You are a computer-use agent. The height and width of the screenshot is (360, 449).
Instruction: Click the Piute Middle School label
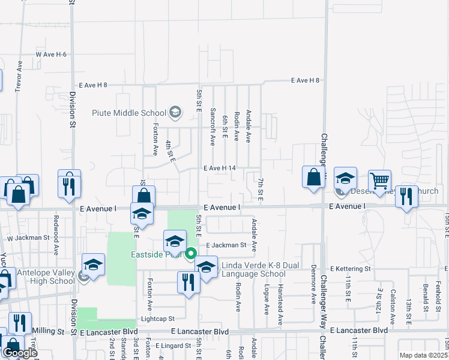[x=128, y=112]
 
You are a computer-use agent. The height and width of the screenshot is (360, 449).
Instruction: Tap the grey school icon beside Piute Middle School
[x=175, y=112]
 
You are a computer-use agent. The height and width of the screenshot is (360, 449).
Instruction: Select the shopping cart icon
[x=379, y=181]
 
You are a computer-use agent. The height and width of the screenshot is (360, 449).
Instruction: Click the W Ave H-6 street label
[x=51, y=55]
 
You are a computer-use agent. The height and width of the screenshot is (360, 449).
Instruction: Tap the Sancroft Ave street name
[x=212, y=127]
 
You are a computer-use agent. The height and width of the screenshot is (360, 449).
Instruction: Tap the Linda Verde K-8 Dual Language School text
[x=253, y=270]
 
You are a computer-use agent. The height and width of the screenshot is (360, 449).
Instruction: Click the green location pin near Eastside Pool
[x=191, y=254]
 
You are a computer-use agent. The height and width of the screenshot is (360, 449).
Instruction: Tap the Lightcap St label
[x=157, y=319]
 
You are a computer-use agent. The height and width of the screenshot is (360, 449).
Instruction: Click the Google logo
[x=20, y=353]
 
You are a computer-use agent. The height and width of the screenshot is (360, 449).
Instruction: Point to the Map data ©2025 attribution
[x=423, y=355]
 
